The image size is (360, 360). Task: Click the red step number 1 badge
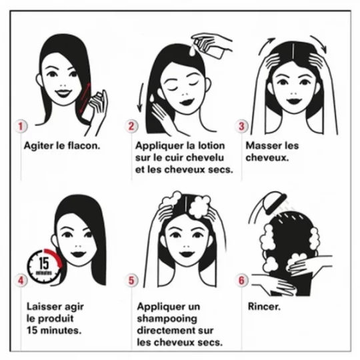click(x=21, y=126)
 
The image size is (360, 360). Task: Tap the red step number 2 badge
click(x=131, y=126)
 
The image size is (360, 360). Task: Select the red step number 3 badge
click(x=241, y=126)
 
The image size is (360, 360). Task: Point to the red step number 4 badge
click(x=21, y=280)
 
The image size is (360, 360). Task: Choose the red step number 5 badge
click(x=131, y=280)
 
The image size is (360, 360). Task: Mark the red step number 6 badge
click(x=241, y=280)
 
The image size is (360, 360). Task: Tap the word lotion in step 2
click(x=211, y=145)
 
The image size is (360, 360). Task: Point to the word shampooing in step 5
click(x=167, y=319)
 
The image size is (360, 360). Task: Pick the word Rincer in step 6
click(x=264, y=307)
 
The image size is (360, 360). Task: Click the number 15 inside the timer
click(x=43, y=263)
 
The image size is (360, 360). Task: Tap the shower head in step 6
click(x=275, y=202)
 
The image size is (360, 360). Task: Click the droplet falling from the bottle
click(x=192, y=50)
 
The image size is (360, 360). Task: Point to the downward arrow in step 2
click(x=140, y=97)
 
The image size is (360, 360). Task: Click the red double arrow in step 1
click(x=85, y=98)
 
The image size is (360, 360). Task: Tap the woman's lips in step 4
click(x=78, y=254)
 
